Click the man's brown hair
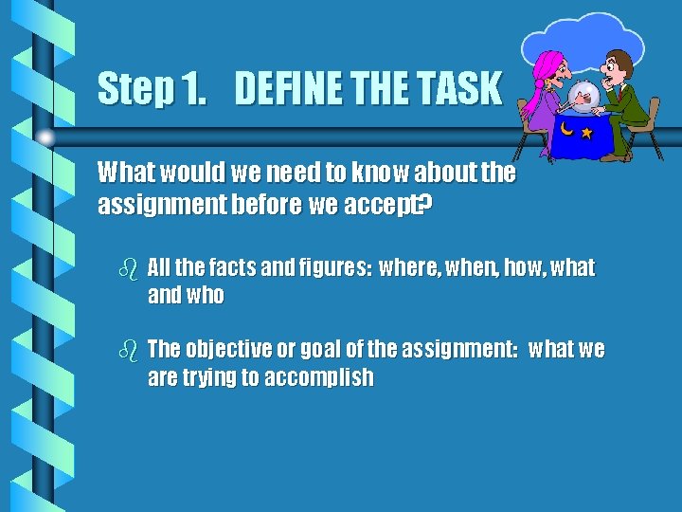click(621, 59)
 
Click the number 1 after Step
click(193, 89)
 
